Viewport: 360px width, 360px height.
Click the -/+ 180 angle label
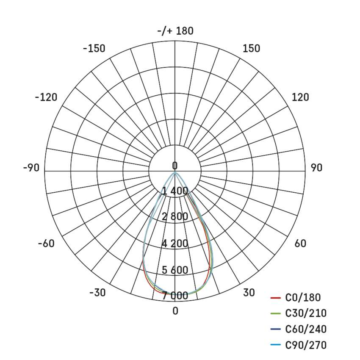pyautogui.click(x=175, y=31)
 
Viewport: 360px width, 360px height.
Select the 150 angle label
pyautogui.click(x=252, y=48)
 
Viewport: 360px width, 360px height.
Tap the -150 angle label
pyautogui.click(x=94, y=48)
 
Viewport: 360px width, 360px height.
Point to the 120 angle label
pyautogui.click(x=300, y=97)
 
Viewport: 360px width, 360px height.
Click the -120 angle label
pyautogui.click(x=46, y=97)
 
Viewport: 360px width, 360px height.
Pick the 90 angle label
pyautogui.click(x=317, y=168)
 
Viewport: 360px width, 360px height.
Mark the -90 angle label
pyautogui.click(x=31, y=168)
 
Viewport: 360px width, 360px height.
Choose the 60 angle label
pyautogui.click(x=300, y=244)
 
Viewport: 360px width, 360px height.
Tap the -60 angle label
pyautogui.click(x=47, y=244)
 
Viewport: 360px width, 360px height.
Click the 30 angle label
pyautogui.click(x=249, y=293)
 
